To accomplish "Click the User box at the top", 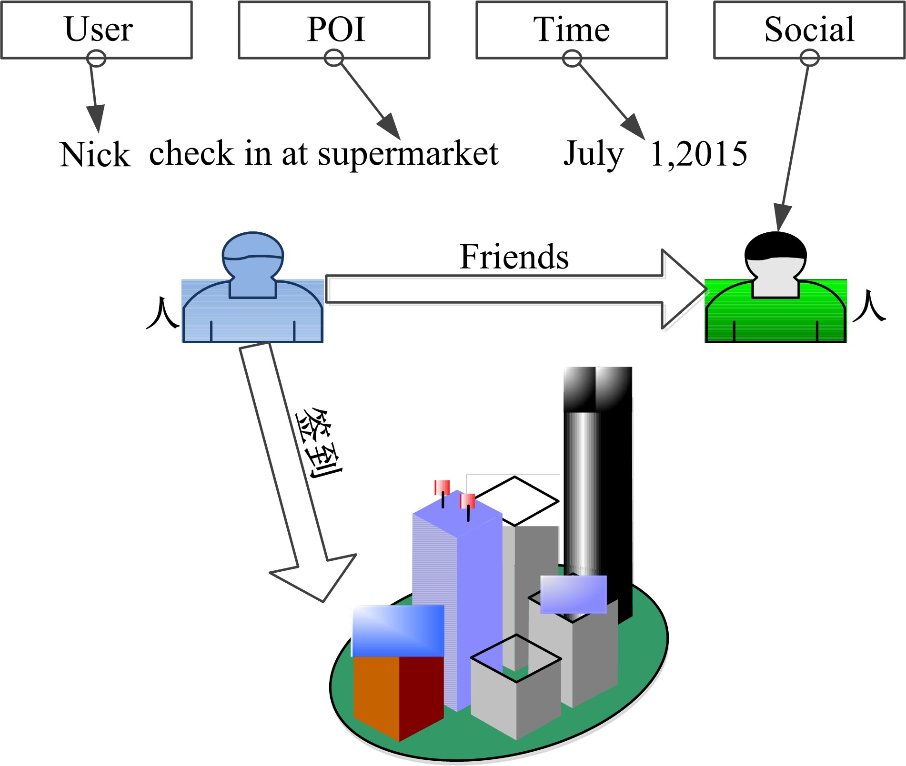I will (97, 30).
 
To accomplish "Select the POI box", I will (334, 30).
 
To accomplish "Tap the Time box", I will (571, 30).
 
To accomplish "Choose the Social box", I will (809, 30).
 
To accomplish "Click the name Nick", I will (95, 155).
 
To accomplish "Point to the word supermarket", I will (408, 154).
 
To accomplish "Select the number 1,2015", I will (699, 154).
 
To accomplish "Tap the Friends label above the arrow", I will (514, 257).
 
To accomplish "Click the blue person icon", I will (253, 290).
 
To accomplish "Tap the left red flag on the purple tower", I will (442, 487).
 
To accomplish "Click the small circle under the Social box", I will (809, 59).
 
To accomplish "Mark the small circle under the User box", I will (96, 59).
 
